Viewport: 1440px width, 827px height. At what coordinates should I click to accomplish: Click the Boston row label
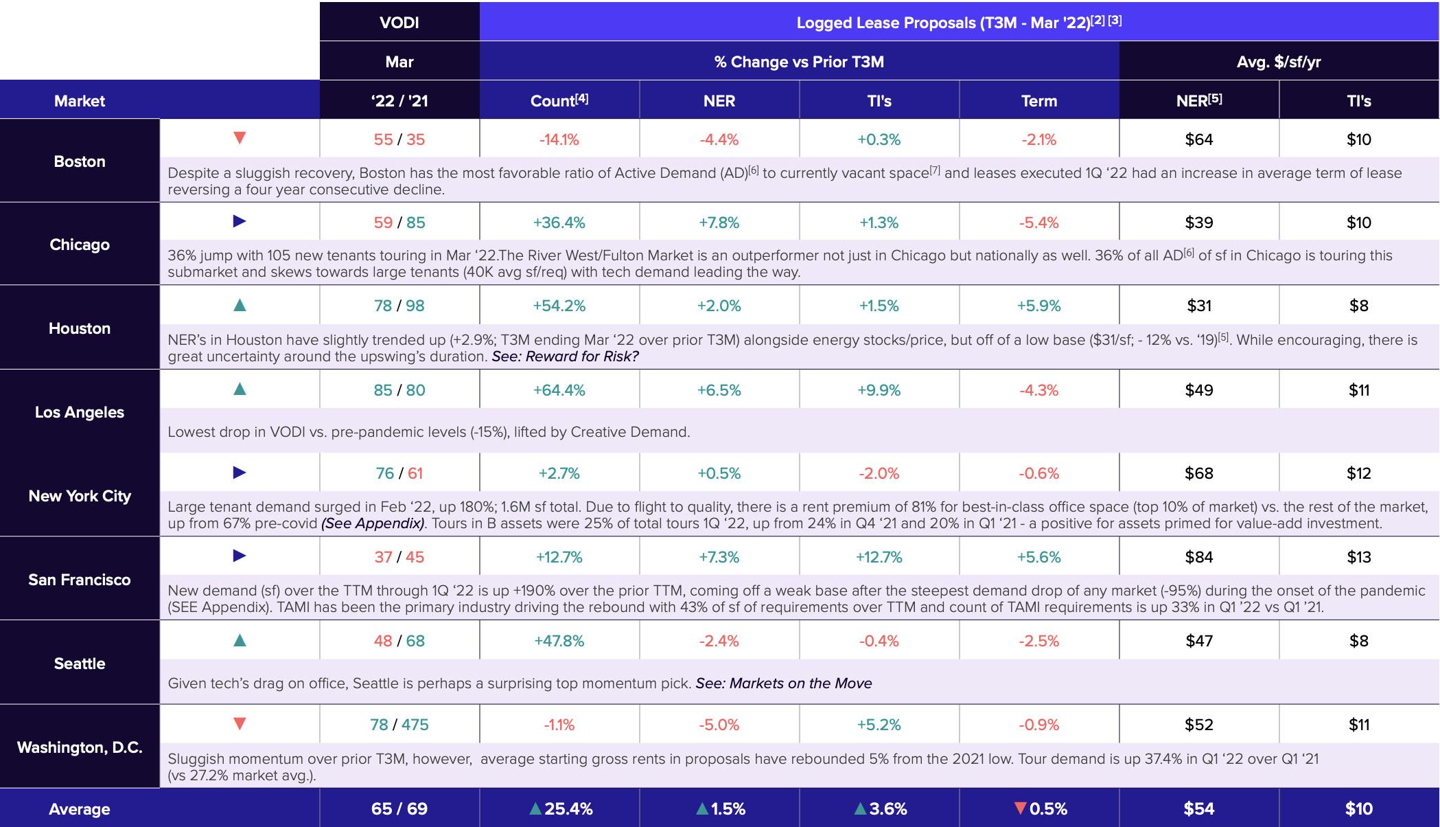point(80,161)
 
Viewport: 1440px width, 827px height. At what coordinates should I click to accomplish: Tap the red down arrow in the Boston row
point(240,138)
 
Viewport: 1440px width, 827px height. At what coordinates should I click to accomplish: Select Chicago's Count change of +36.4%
point(559,223)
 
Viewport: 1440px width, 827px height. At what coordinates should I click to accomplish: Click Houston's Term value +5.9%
point(1039,306)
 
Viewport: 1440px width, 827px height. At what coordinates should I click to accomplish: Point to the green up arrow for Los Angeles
point(240,389)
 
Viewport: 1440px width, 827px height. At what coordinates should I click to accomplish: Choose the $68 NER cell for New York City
point(1199,473)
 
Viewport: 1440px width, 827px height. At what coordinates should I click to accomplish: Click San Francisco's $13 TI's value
point(1359,557)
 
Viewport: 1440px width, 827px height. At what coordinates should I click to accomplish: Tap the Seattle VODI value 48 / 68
point(399,641)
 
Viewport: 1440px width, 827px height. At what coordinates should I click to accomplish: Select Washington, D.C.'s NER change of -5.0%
point(719,725)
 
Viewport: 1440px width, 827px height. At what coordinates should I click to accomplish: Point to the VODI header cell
point(399,23)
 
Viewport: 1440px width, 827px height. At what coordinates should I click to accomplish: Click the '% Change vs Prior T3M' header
point(799,62)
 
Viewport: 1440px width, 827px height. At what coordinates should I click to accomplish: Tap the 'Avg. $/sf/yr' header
point(1279,62)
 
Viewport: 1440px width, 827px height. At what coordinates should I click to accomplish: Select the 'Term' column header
point(1039,101)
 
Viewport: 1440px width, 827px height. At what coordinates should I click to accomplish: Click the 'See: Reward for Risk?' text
point(565,356)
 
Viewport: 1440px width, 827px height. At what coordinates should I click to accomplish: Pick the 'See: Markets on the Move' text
point(784,683)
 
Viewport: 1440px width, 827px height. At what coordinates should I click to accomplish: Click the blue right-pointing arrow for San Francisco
point(240,556)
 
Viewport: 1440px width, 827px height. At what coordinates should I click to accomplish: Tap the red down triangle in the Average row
point(1021,808)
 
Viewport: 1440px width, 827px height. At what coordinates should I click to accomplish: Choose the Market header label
point(80,101)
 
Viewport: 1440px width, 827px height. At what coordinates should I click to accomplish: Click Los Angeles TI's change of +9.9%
point(879,390)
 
